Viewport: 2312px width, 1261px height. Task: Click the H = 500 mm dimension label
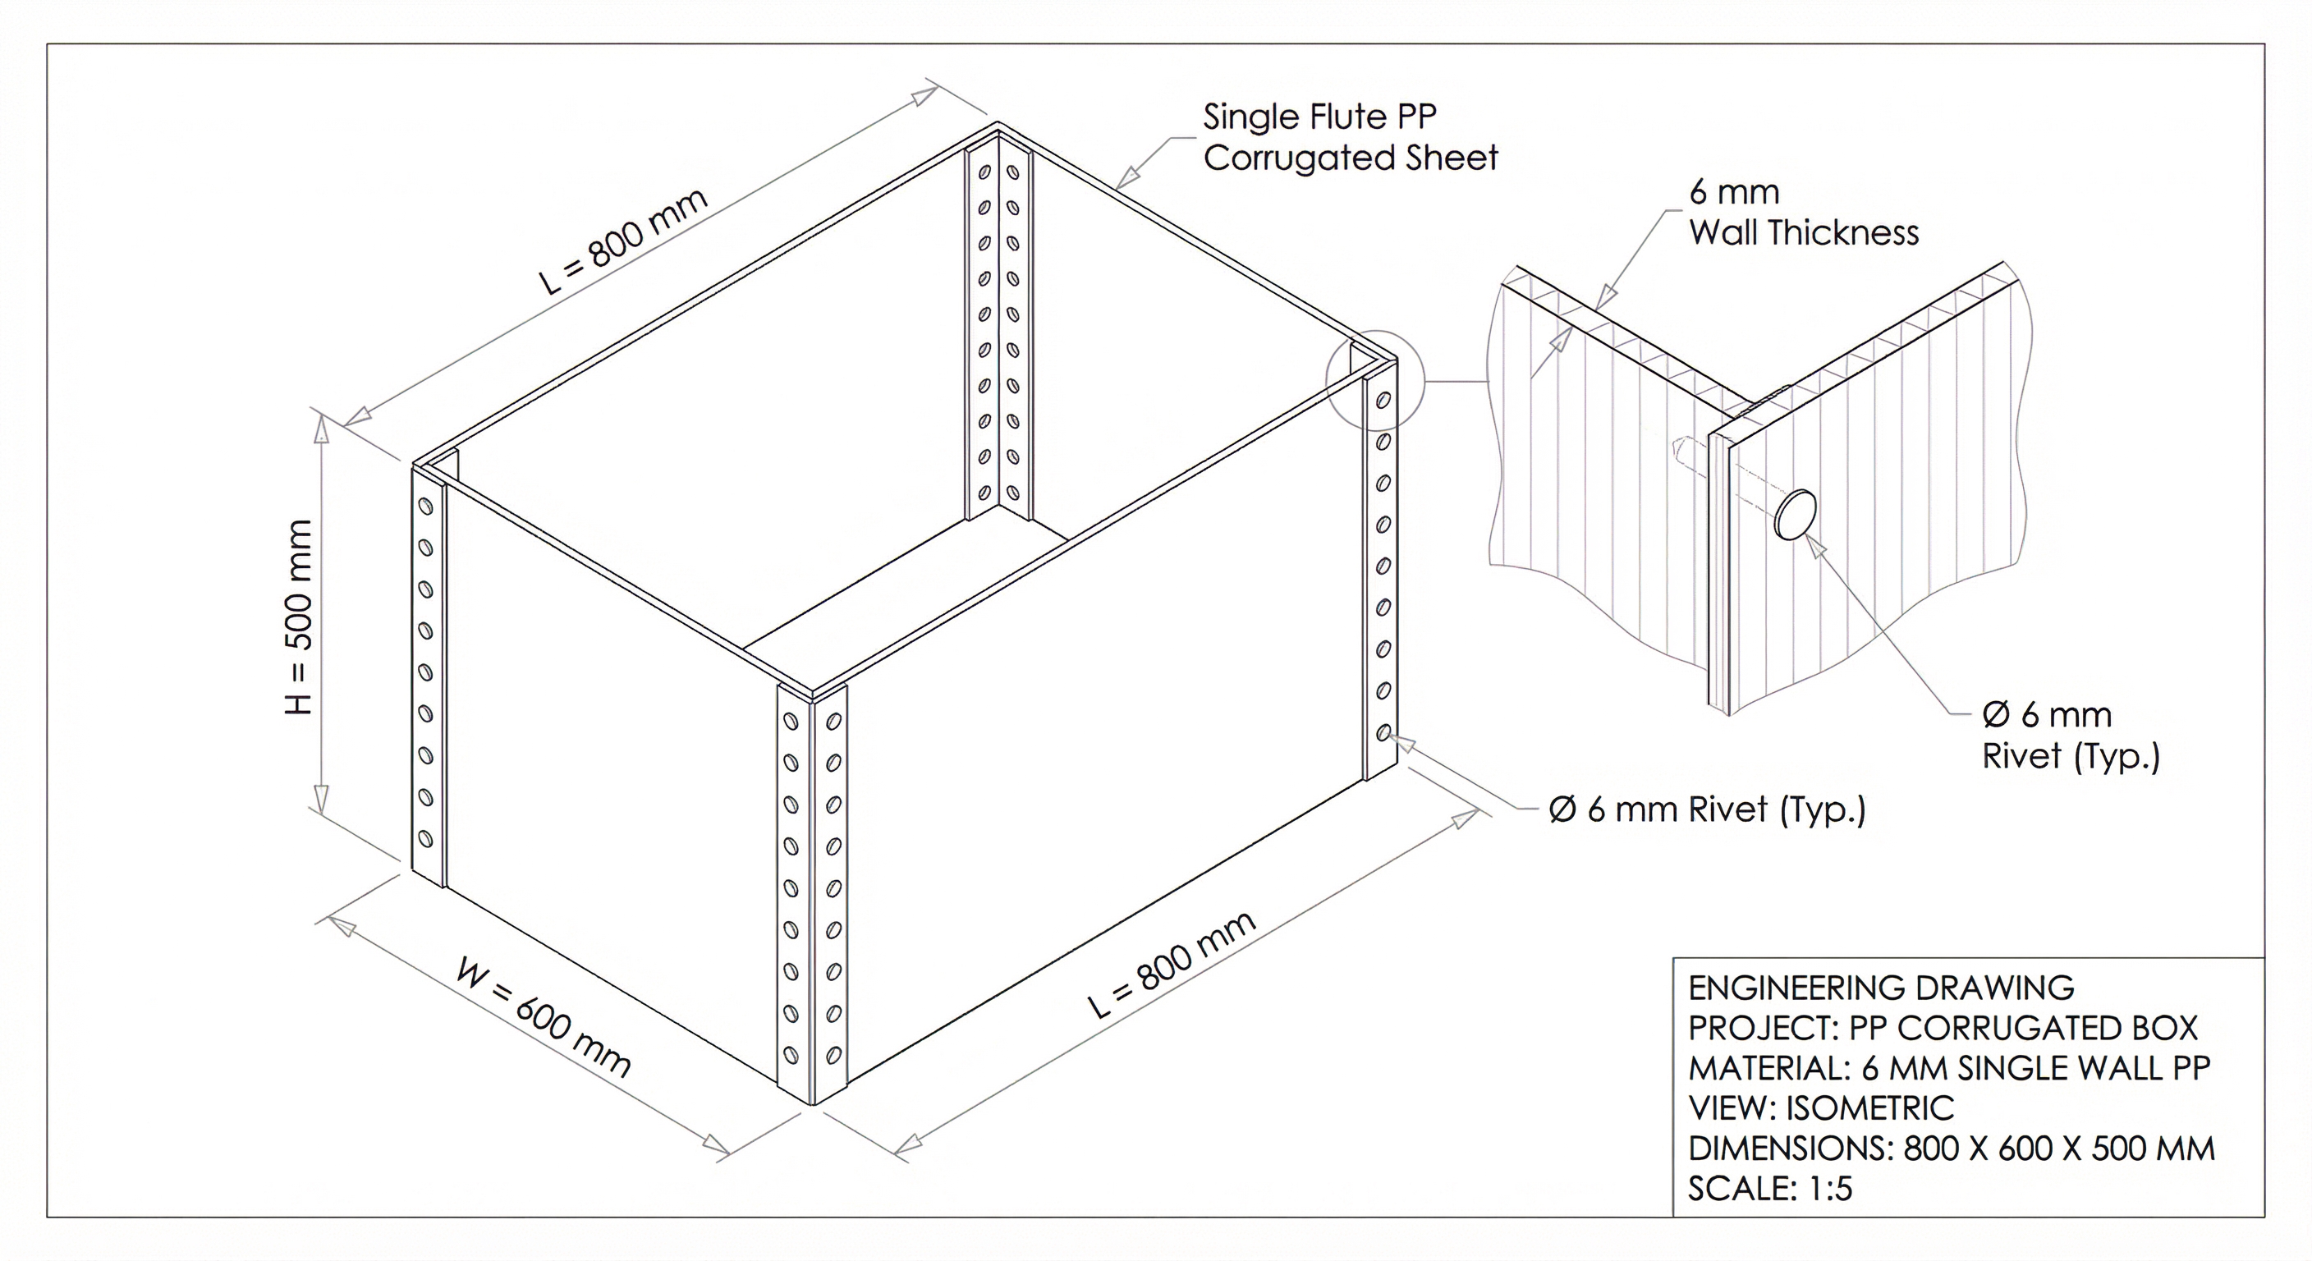tap(298, 617)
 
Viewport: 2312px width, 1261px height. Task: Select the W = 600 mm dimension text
tap(544, 1019)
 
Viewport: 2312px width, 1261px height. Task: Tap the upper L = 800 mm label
tap(624, 241)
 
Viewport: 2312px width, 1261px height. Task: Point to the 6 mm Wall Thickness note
tap(1802, 213)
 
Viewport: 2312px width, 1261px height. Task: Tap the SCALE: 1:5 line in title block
tap(1770, 1188)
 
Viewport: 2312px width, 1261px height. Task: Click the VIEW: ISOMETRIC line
tap(1820, 1108)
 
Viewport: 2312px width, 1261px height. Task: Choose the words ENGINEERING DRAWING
tap(1881, 988)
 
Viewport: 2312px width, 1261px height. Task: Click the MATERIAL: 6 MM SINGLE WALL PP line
tap(1947, 1068)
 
